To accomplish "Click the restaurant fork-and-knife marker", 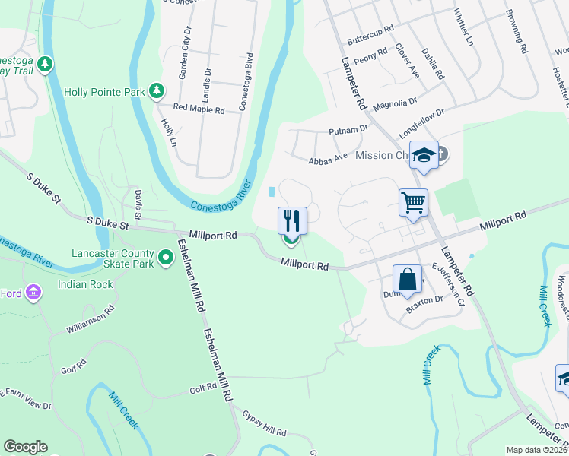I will pos(292,220).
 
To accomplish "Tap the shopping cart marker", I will pos(413,203).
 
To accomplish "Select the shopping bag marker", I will pos(407,278).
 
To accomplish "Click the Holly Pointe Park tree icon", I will pos(157,91).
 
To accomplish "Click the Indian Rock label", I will pos(85,285).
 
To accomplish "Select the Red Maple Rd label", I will pos(199,109).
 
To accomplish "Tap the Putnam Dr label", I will pos(348,131).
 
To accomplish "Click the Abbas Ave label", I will pos(328,160).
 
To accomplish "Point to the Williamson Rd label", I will pos(90,320).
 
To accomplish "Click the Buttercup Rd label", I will pos(370,33).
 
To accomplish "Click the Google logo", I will pos(25,447).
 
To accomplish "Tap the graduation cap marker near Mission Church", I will pos(424,156).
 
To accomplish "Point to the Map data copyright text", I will pos(536,450).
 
